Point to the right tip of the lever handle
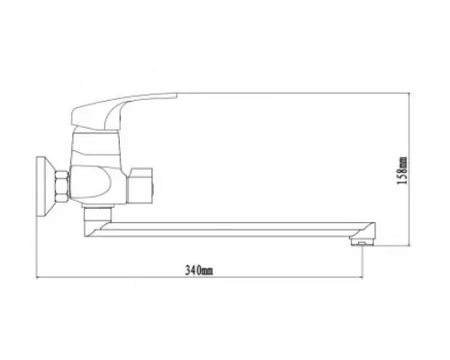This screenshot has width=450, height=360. tap(177, 93)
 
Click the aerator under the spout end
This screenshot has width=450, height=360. tap(361, 241)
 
